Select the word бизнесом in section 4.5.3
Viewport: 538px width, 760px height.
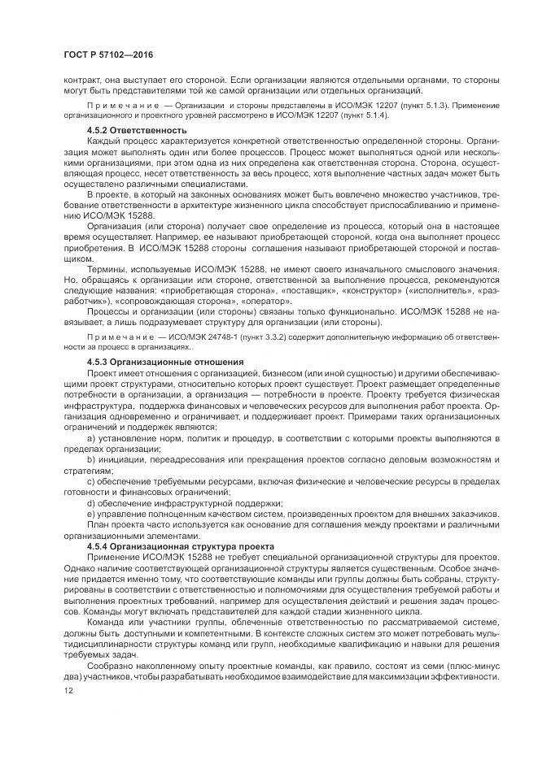pyautogui.click(x=267, y=371)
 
